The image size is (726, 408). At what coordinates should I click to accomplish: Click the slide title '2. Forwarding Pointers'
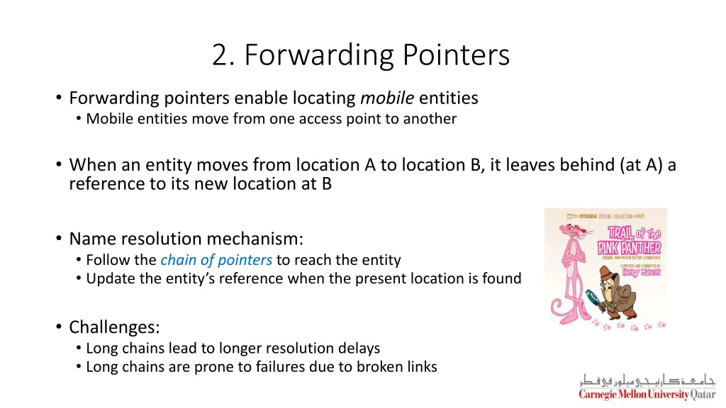point(361,55)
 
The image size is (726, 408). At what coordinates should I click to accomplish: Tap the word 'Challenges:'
point(114,327)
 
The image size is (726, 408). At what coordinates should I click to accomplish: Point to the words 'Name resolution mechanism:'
point(186,238)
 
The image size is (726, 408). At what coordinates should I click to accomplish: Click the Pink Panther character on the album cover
point(572,268)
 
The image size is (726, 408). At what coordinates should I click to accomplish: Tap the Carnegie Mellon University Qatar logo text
point(647,395)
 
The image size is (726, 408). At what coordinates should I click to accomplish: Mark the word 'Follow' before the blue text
point(108,260)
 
